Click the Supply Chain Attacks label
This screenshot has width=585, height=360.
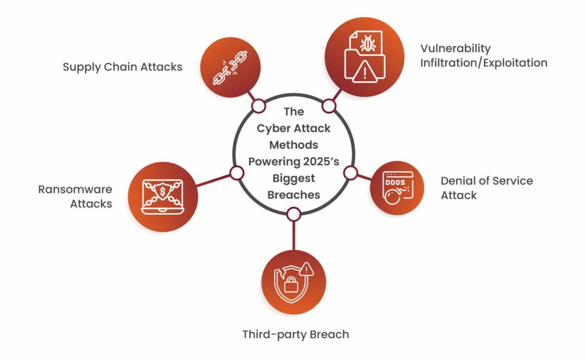point(122,67)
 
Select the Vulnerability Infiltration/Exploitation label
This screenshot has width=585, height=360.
point(483,55)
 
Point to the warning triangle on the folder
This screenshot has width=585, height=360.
point(363,72)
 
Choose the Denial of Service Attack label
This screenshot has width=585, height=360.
point(486,188)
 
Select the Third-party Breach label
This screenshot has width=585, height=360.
point(295,334)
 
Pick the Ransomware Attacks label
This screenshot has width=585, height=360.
point(75,196)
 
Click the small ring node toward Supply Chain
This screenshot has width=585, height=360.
point(258,106)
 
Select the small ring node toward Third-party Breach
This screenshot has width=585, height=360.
point(293,214)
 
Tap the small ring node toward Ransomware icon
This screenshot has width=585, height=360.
point(234,173)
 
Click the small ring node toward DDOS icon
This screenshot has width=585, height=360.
point(350,173)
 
